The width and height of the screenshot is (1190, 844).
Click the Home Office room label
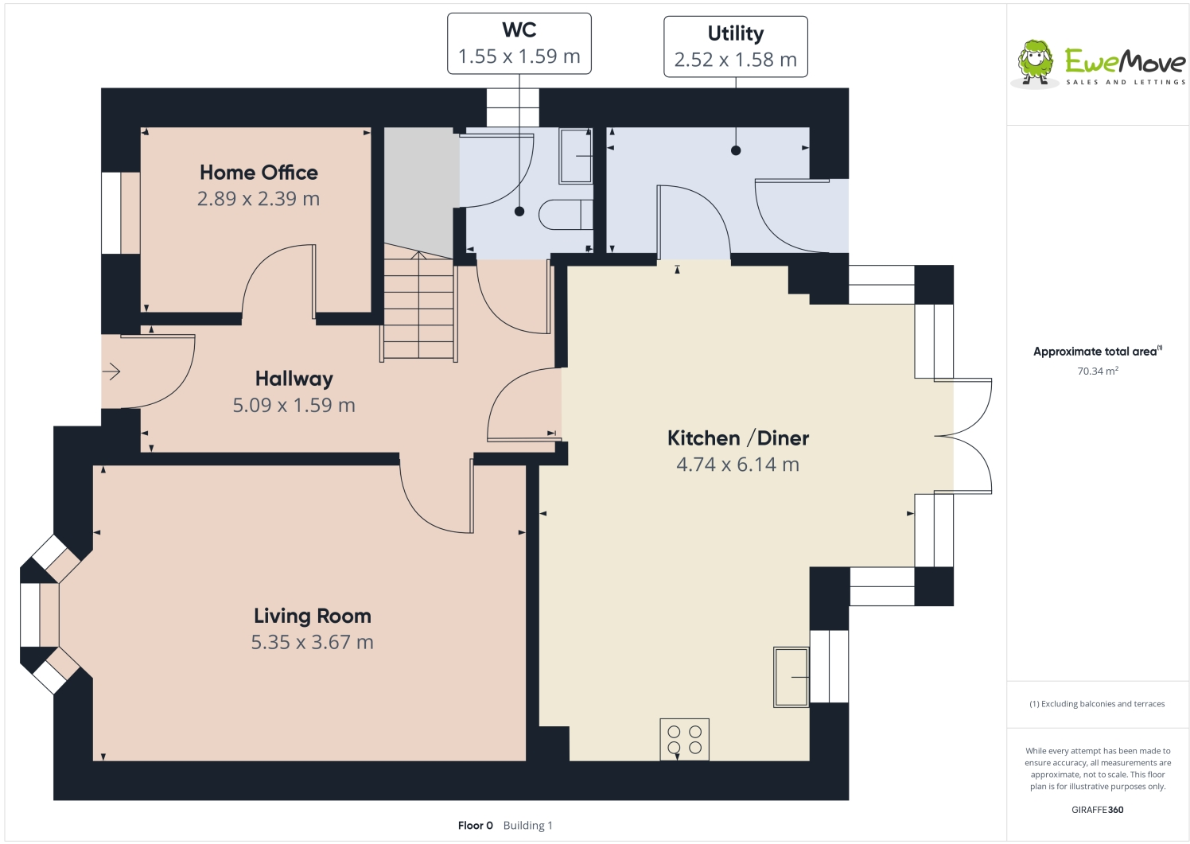259,173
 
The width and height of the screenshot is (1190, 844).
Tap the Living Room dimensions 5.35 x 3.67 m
313,642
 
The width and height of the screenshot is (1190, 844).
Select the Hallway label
294,379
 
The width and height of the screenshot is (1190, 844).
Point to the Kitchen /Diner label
738,438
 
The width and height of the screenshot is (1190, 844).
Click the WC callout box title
519,29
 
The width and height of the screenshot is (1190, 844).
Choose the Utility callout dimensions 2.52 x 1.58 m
735,60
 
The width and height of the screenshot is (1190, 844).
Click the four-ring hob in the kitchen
684,739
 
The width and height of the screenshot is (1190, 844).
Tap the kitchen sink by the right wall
791,677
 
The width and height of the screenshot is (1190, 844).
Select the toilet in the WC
566,215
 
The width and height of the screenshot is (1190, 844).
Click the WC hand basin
575,156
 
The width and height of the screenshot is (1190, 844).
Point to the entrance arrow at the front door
111,371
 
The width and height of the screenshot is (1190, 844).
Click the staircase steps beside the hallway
418,307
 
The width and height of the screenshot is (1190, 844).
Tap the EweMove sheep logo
1034,62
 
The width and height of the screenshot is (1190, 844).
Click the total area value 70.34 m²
1098,371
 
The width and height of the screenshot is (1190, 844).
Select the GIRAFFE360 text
1098,810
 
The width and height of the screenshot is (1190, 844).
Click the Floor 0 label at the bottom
476,826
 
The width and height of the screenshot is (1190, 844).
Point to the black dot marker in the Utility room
736,150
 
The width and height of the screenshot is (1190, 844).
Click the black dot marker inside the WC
519,212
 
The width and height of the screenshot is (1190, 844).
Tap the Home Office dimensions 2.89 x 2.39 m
259,199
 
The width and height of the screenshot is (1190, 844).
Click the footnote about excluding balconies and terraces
1097,704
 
